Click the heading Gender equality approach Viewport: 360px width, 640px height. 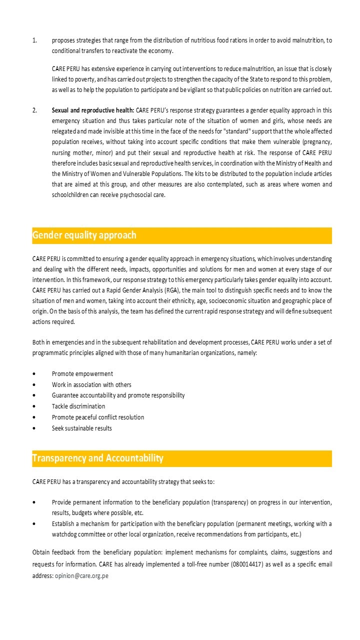click(84, 235)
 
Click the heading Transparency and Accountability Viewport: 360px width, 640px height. click(97, 458)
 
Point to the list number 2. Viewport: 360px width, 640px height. click(34, 110)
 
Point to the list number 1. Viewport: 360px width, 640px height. click(34, 40)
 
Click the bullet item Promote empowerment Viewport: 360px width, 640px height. click(82, 373)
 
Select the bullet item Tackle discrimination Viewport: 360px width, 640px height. click(78, 406)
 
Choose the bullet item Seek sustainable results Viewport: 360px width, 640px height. click(82, 428)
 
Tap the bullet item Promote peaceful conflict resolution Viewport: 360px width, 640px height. click(98, 417)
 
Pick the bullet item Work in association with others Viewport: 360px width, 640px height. click(91, 384)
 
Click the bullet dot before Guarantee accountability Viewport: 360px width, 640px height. click(34, 395)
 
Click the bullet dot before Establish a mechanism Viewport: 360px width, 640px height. click(34, 524)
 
